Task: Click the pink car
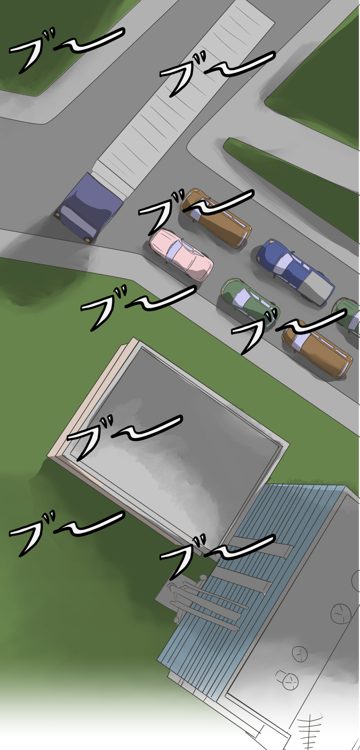click(x=181, y=254)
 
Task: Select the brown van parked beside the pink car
click(x=216, y=217)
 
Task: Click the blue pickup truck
click(x=295, y=271)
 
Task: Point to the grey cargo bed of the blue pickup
click(x=317, y=286)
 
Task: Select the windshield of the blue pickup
click(x=282, y=263)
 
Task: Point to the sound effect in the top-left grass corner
click(x=67, y=50)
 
